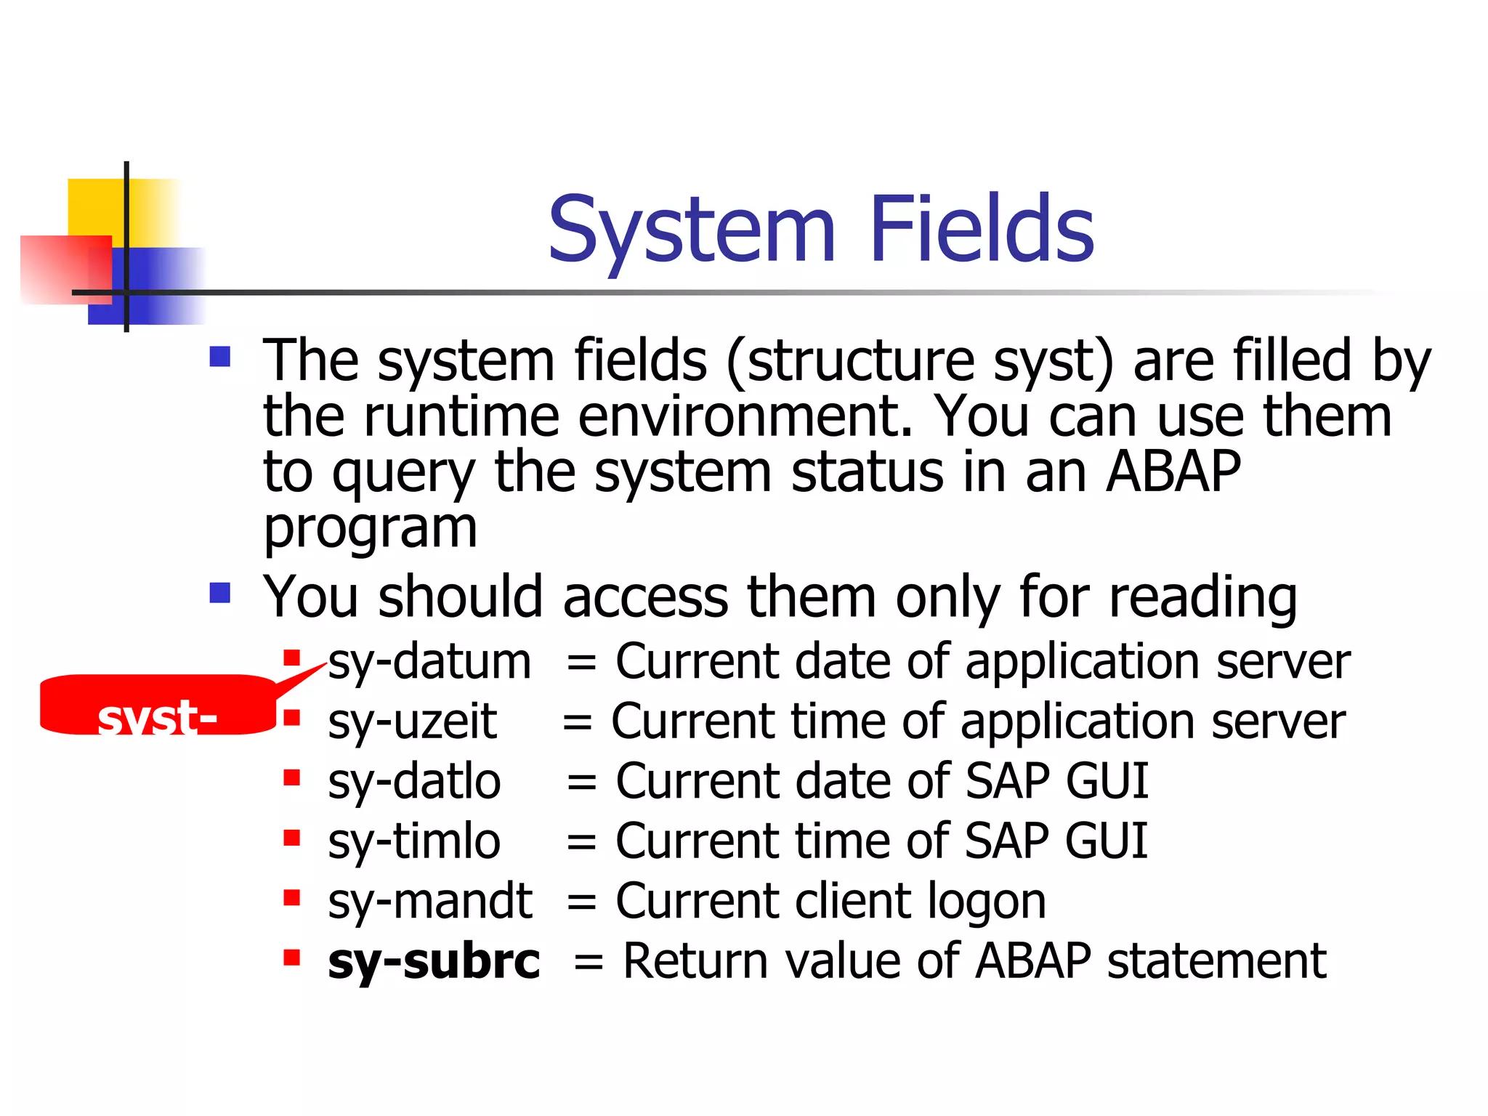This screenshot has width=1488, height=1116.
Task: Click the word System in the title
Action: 692,231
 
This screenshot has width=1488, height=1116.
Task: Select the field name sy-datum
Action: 429,663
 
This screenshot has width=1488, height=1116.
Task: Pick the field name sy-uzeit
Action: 412,723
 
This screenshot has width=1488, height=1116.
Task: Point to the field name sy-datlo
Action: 414,783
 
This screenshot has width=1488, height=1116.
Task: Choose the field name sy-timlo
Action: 414,842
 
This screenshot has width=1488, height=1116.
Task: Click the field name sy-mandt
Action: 430,902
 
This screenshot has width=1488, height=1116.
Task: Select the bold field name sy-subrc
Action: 434,962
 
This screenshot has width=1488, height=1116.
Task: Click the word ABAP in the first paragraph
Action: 1173,472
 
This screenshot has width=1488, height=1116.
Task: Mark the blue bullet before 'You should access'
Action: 219,594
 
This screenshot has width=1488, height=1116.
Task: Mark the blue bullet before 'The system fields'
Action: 219,357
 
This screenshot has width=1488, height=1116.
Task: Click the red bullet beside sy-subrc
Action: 292,957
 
